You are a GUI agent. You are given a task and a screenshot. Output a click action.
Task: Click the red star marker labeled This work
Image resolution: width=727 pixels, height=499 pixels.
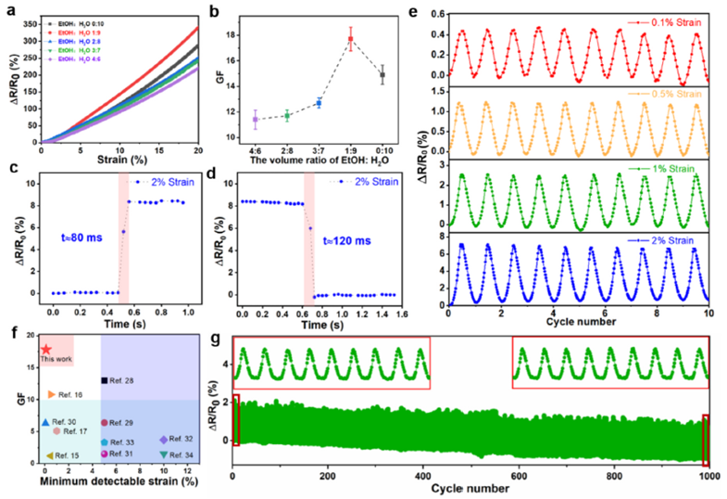[x=45, y=350]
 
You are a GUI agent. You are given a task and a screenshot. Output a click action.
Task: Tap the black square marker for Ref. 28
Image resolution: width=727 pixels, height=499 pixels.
[x=105, y=380]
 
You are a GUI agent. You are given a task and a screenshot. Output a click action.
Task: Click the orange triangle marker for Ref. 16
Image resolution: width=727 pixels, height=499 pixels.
[x=52, y=395]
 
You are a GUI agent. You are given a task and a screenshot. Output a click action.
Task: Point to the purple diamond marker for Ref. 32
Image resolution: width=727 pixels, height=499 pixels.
[x=164, y=440]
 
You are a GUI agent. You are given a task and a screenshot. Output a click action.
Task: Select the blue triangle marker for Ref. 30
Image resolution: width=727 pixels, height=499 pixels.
[x=44, y=423]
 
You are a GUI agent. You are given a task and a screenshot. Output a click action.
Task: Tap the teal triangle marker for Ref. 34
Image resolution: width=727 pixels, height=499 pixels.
[x=164, y=454]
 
